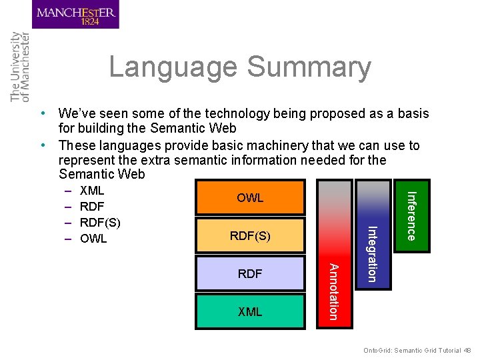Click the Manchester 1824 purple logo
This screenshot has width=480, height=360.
point(75,15)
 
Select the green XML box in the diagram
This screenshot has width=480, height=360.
point(250,311)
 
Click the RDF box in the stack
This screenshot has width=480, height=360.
point(250,273)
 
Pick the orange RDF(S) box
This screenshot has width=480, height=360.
point(250,235)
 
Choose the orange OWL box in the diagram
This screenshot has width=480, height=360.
point(250,198)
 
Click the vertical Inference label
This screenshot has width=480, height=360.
point(411,216)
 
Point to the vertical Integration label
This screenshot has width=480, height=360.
point(373,254)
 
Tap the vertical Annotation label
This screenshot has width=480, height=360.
point(335,291)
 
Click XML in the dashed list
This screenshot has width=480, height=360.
point(92,191)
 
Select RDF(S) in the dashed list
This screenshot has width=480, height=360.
point(100,222)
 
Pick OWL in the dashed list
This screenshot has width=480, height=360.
point(93,238)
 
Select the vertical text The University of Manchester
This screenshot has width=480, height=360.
point(20,67)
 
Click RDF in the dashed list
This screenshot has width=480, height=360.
point(91,207)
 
